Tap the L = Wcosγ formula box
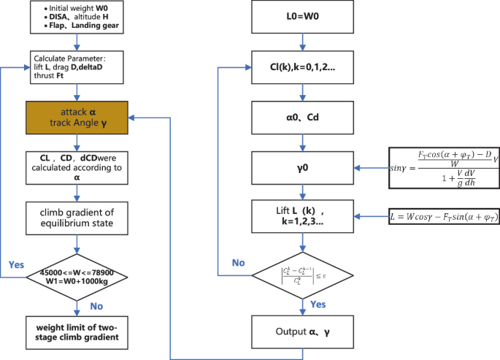click(x=445, y=217)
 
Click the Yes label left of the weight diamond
click(x=17, y=264)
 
